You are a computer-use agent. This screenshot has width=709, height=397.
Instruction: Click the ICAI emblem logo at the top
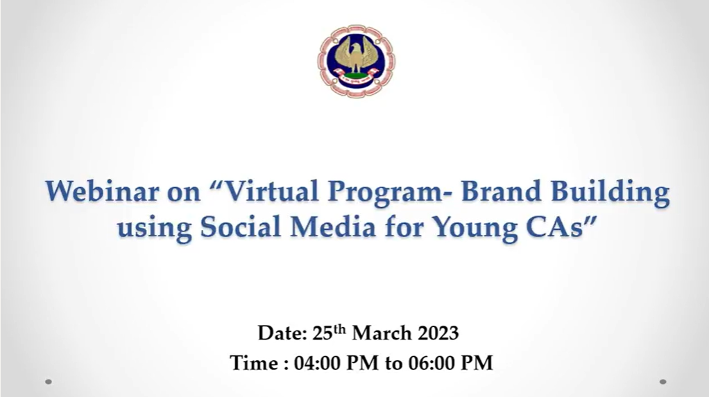[x=356, y=60]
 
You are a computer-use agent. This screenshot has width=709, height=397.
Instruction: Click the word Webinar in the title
[x=102, y=191]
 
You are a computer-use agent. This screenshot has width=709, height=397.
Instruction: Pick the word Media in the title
[x=333, y=227]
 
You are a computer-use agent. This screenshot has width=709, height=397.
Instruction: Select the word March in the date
[x=382, y=333]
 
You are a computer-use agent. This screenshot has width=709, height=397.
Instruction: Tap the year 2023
[x=438, y=333]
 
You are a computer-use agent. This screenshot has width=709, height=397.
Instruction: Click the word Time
[x=254, y=363]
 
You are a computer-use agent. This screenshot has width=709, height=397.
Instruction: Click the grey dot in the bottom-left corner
[x=49, y=382]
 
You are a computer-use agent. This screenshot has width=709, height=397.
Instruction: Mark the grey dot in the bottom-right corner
[x=663, y=382]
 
